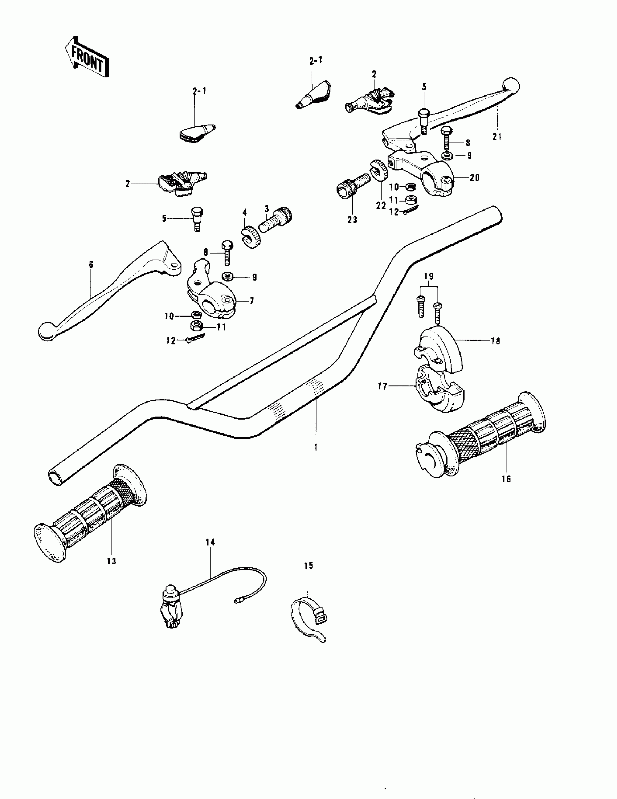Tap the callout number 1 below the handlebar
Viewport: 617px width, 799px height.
pyautogui.click(x=316, y=447)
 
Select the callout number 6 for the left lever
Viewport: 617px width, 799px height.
pyautogui.click(x=91, y=264)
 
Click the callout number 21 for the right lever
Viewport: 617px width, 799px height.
pyautogui.click(x=497, y=137)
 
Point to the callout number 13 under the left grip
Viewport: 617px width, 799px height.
pyautogui.click(x=111, y=561)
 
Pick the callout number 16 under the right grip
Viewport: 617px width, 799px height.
pyautogui.click(x=506, y=479)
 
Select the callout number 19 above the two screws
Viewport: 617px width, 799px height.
pyautogui.click(x=429, y=276)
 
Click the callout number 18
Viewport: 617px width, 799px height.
pyautogui.click(x=495, y=341)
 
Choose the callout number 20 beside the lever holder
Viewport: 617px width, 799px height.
pyautogui.click(x=474, y=178)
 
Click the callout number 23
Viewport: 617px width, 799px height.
pyautogui.click(x=352, y=220)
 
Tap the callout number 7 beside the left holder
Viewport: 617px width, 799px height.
pyautogui.click(x=252, y=301)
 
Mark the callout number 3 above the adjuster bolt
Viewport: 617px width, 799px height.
pyautogui.click(x=267, y=209)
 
